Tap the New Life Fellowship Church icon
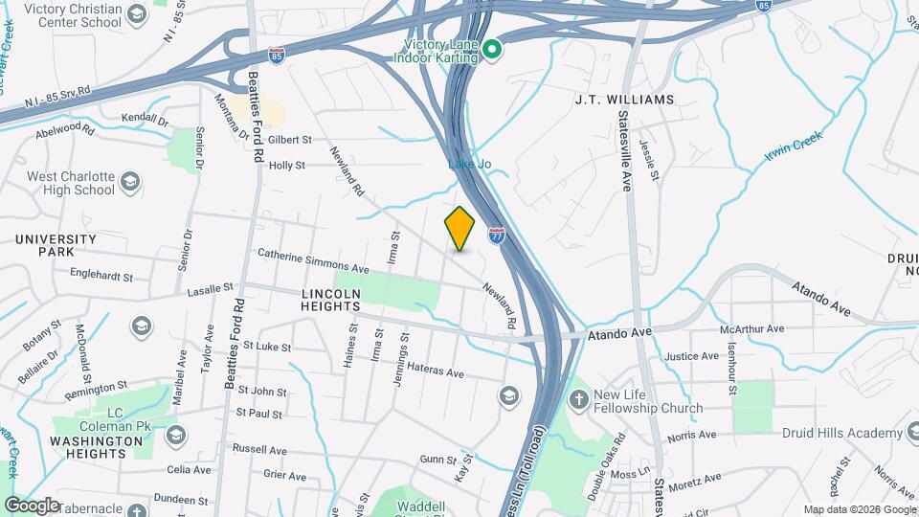click(577, 398)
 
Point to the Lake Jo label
click(470, 165)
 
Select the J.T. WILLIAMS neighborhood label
click(624, 100)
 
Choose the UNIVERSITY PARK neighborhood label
click(55, 245)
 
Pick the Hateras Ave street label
click(436, 366)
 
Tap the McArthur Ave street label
click(758, 328)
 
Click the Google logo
click(33, 506)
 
